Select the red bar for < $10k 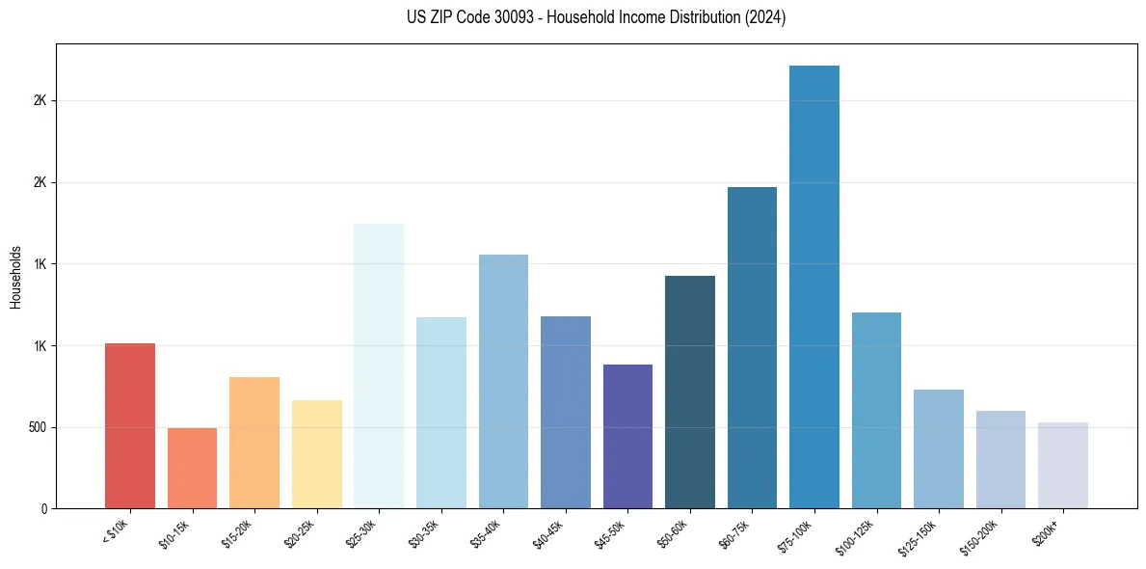pos(130,425)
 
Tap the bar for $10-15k pos(192,468)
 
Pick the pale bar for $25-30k pos(379,366)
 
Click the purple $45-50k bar pos(627,436)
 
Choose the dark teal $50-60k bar pos(690,392)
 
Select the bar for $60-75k pos(752,347)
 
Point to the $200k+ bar pos(1063,465)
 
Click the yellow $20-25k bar pos(317,454)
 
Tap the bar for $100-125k pos(876,410)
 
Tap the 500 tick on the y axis pos(46,427)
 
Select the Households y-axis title pos(15,276)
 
